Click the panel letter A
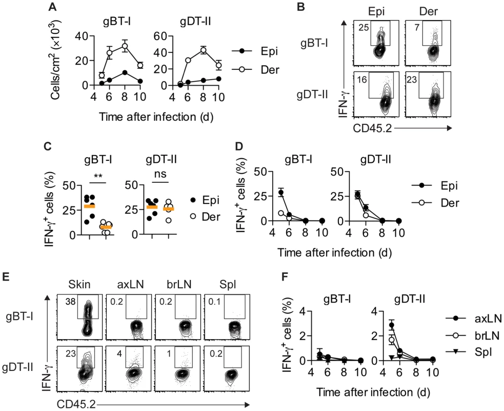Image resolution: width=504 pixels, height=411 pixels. (52, 7)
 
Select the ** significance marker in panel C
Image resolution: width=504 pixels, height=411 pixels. (98, 177)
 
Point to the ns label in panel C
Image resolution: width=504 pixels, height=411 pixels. (160, 174)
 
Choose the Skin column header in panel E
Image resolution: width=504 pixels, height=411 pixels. (79, 285)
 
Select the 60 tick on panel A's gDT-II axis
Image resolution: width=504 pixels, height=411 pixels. (160, 36)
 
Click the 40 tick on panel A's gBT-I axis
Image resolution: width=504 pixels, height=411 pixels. (81, 36)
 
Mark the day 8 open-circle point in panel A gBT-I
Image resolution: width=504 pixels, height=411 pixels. (125, 46)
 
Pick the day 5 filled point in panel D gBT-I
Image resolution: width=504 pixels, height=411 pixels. (281, 193)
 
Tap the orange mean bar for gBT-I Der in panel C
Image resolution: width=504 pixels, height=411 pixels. (106, 227)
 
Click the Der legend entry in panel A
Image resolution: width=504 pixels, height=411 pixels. (255, 69)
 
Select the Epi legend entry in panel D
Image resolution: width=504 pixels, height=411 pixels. (435, 185)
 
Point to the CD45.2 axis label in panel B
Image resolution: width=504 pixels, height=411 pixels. (372, 128)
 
